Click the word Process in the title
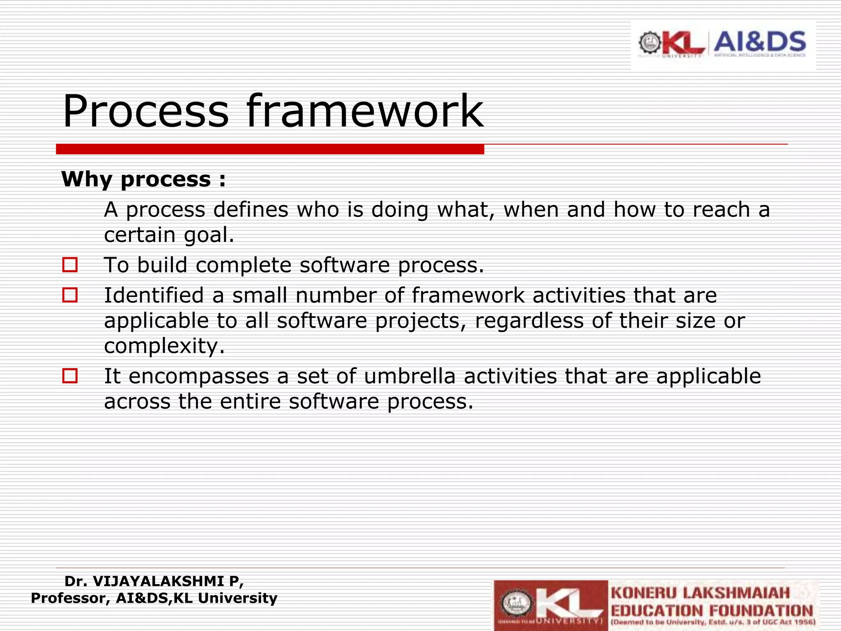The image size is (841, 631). click(145, 111)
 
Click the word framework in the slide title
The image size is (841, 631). click(365, 111)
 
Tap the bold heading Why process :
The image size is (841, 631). click(143, 179)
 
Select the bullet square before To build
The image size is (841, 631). click(70, 265)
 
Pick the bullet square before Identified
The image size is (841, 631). click(70, 295)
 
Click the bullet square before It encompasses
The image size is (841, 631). click(70, 375)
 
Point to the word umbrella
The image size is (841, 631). click(409, 376)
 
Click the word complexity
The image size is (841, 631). click(164, 346)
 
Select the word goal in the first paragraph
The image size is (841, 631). click(208, 235)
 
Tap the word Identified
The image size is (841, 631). click(154, 295)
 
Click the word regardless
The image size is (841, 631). click(529, 320)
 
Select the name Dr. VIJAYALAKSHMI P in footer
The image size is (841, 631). click(154, 581)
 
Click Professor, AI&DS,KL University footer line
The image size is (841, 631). click(154, 598)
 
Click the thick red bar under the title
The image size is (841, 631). click(270, 149)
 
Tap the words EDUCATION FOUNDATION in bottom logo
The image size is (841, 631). click(712, 610)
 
